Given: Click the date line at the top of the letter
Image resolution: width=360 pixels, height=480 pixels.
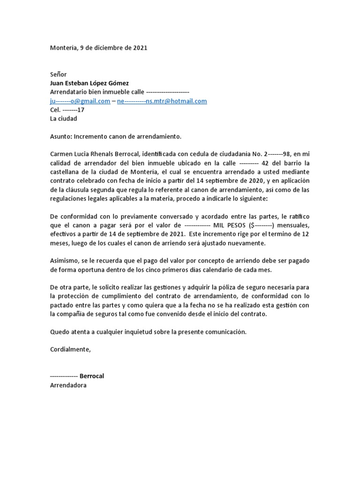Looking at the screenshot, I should click(98, 48).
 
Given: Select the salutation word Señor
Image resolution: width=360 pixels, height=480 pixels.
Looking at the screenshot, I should click(59, 75).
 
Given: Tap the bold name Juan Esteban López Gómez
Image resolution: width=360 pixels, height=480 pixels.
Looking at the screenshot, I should click(89, 83).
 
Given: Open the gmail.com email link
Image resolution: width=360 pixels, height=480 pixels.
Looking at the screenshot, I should click(80, 101).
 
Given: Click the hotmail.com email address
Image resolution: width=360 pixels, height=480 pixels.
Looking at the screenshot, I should click(162, 101).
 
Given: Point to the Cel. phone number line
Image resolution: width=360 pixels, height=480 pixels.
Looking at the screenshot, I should click(67, 110).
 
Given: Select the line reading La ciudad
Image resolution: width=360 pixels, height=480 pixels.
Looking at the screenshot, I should click(63, 119).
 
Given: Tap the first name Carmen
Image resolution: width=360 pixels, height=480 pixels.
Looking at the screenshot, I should click(62, 154).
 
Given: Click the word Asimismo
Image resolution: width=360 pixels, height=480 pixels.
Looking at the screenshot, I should click(65, 260).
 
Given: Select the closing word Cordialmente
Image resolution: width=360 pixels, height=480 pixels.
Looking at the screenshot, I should click(70, 349).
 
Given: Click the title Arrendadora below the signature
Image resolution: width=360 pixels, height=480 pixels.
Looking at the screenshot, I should click(68, 385).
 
